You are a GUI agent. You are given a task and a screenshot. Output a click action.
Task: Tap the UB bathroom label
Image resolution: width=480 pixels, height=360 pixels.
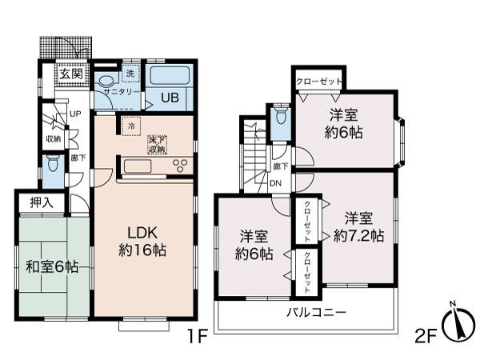tap(170, 98)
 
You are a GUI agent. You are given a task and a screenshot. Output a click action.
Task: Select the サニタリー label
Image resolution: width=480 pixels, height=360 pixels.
tap(116, 92)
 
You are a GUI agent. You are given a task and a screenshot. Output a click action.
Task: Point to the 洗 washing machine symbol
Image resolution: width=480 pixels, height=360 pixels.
tap(130, 74)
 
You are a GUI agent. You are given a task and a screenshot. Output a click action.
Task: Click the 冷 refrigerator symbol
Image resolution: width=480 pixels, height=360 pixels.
tap(130, 126)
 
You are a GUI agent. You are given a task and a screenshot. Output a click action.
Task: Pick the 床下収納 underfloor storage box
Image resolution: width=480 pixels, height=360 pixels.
tap(158, 145)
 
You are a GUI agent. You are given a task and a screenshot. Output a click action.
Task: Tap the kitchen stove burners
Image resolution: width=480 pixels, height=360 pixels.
tap(181, 166)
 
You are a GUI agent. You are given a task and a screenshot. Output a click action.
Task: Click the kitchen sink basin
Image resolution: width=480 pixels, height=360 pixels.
tap(135, 166)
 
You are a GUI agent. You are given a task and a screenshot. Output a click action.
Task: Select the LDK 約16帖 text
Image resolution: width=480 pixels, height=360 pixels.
tap(143, 240)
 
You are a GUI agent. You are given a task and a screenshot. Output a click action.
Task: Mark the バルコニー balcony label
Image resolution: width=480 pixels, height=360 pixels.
tap(316, 311)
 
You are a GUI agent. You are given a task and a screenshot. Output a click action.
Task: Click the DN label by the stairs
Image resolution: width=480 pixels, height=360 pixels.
tap(274, 182)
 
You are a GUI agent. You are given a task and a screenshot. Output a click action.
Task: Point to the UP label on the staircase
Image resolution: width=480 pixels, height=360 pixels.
tap(74, 114)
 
